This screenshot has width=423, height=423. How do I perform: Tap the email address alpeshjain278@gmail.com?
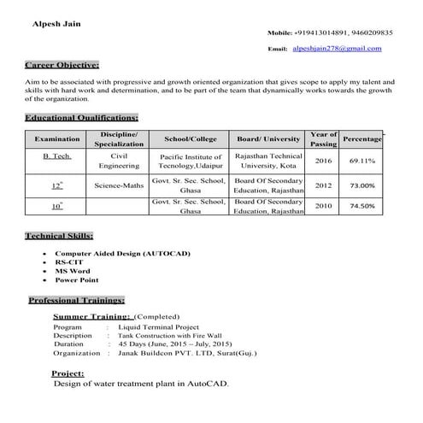pyautogui.click(x=337, y=49)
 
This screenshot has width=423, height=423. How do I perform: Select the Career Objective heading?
pyautogui.click(x=62, y=66)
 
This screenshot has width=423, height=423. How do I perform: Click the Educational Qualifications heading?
pyautogui.click(x=82, y=117)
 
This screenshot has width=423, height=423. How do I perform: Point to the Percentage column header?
pyautogui.click(x=362, y=138)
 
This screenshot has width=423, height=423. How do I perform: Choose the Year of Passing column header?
pyautogui.click(x=323, y=139)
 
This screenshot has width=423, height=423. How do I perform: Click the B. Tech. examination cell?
pyautogui.click(x=57, y=157)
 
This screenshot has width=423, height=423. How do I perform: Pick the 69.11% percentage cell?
pyautogui.click(x=362, y=162)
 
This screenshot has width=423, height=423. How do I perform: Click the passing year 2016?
pyautogui.click(x=323, y=162)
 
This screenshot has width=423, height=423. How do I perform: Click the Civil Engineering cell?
pyautogui.click(x=119, y=162)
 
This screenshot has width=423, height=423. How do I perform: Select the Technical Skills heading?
pyautogui.click(x=60, y=235)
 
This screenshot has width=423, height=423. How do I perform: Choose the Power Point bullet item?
pyautogui.click(x=77, y=279)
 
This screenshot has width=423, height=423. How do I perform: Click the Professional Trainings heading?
pyautogui.click(x=78, y=301)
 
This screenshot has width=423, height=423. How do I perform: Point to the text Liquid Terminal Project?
pyautogui.click(x=158, y=326)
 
